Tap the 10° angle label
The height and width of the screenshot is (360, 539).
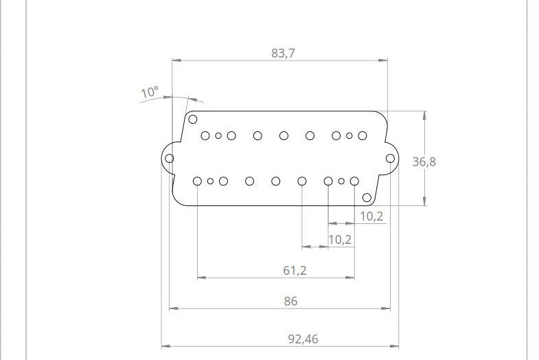click(x=149, y=91)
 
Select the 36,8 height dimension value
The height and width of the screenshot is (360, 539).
click(x=424, y=161)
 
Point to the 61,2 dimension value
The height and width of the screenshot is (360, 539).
click(x=295, y=270)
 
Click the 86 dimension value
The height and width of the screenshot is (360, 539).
click(x=290, y=301)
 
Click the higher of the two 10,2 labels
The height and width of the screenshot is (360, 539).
click(x=371, y=216)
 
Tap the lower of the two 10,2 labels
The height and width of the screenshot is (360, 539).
click(x=340, y=239)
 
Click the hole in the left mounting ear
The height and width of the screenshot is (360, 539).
click(x=170, y=159)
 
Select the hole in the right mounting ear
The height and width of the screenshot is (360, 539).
click(x=390, y=159)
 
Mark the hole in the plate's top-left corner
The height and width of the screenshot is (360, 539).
click(x=193, y=120)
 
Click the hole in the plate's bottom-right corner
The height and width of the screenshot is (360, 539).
click(x=367, y=198)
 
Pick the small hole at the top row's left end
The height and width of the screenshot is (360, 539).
click(x=218, y=136)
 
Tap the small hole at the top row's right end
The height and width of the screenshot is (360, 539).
click(x=349, y=136)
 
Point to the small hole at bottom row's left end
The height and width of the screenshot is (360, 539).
click(x=210, y=181)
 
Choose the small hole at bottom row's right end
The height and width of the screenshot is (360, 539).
click(x=341, y=181)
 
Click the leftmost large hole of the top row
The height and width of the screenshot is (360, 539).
click(x=205, y=136)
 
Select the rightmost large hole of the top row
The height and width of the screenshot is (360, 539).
click(x=363, y=136)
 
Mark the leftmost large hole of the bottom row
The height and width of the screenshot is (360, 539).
click(x=197, y=181)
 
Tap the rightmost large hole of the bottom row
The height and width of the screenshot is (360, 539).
click(x=354, y=181)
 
